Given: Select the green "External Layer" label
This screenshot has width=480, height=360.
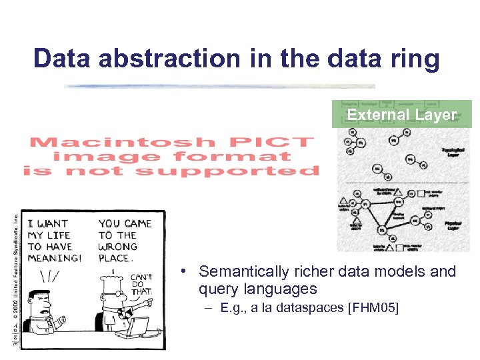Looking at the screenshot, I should tap(401, 115).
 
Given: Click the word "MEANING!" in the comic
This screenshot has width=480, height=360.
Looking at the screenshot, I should tap(54, 259).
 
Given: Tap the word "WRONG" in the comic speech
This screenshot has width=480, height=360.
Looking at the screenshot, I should tap(119, 247).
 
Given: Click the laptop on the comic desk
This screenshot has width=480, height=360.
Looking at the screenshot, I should tap(138, 327).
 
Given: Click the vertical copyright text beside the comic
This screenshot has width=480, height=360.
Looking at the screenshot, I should tap(16, 280).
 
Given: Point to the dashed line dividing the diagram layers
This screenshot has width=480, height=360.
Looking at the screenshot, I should tap(400, 181).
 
